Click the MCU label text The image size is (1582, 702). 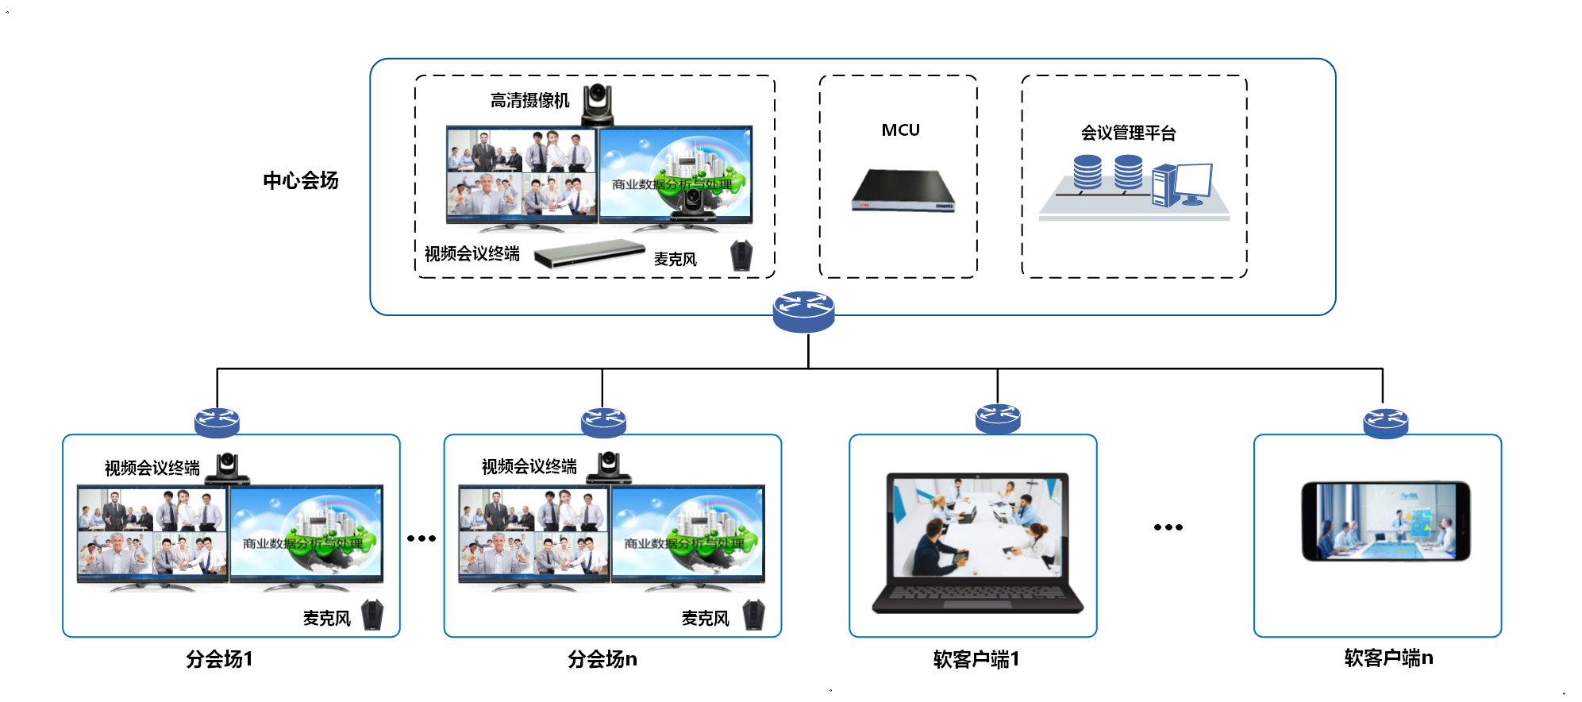tap(900, 130)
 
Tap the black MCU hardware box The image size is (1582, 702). tap(903, 191)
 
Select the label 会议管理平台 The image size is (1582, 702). tap(1128, 133)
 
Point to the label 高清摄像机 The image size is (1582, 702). tap(529, 101)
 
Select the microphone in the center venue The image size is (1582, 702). tap(741, 256)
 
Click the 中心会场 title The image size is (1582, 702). tap(301, 180)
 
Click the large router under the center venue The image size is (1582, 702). tap(803, 311)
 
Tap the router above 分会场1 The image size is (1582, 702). tap(217, 422)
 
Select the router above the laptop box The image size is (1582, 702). tap(997, 418)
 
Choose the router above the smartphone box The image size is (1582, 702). tap(1385, 422)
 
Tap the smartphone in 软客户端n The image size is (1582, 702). tap(1385, 521)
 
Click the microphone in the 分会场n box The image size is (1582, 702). tap(753, 615)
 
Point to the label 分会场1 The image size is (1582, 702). tap(219, 658)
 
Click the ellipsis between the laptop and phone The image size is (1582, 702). tap(1168, 527)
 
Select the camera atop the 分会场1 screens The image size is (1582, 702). tap(228, 468)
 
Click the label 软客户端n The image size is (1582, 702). tap(1388, 658)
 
